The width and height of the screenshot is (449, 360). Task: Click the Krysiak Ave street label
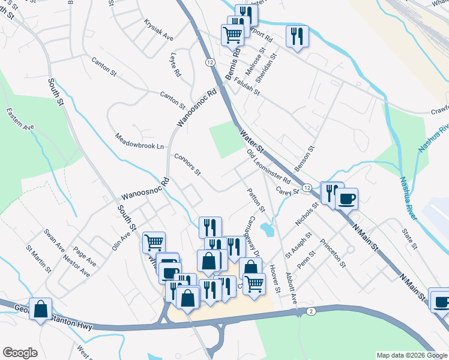click(x=158, y=29)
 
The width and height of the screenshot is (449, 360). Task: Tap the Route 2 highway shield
click(x=311, y=311)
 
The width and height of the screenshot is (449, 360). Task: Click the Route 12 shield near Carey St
click(x=306, y=188)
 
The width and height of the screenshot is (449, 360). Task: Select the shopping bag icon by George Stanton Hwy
click(x=40, y=309)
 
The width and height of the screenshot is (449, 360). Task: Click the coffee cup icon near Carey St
click(x=346, y=199)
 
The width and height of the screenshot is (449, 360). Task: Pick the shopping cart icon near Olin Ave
click(x=154, y=242)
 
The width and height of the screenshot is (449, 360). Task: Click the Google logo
click(x=20, y=353)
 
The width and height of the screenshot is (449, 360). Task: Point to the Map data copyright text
click(x=411, y=355)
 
